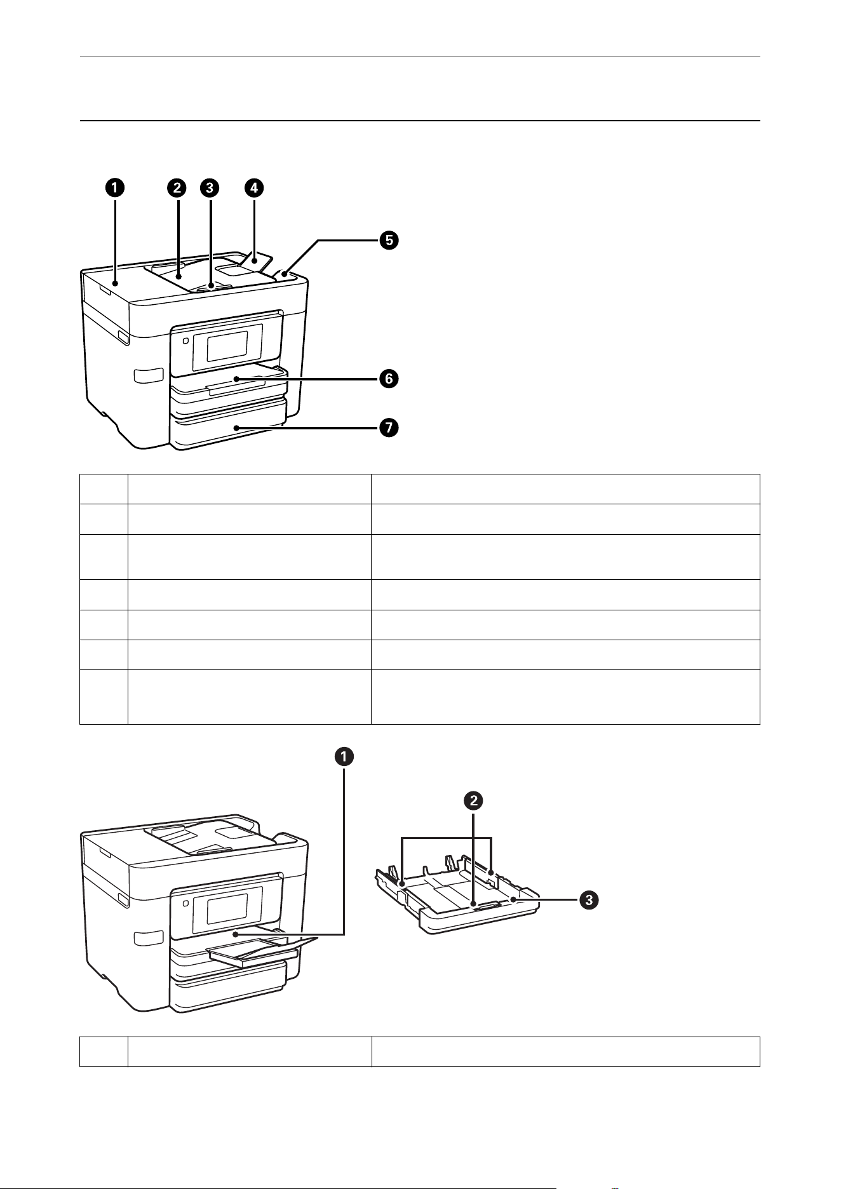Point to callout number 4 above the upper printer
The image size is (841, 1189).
point(253,187)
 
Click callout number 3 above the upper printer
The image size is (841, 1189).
point(209,187)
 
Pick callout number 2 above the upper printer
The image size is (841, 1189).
point(177,187)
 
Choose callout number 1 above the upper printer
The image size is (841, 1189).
point(115,187)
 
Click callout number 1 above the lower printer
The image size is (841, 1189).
point(344,756)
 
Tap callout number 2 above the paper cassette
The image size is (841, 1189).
point(473,801)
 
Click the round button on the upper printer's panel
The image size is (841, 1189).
point(185,340)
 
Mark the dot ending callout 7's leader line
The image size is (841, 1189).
point(236,428)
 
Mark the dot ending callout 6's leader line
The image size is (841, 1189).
point(236,379)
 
